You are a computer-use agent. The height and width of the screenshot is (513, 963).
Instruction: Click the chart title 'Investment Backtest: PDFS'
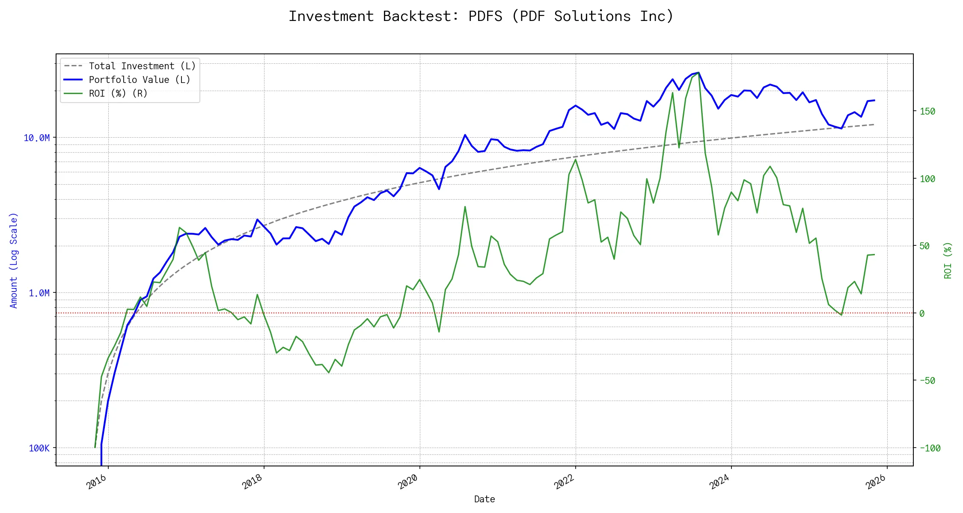[481, 16]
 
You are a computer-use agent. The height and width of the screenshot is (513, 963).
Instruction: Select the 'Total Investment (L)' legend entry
[142, 66]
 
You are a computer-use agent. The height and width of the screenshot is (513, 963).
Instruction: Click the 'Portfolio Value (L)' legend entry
[139, 80]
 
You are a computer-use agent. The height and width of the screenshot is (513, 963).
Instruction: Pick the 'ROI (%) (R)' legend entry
[118, 94]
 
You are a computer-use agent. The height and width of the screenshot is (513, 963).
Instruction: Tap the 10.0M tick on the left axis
[37, 138]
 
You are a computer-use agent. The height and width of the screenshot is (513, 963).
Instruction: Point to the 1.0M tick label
[39, 293]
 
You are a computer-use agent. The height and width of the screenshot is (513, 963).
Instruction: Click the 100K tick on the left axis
[39, 448]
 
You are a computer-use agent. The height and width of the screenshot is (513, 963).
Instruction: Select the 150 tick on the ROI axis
[927, 111]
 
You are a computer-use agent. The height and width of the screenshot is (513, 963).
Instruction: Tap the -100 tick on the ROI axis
[930, 448]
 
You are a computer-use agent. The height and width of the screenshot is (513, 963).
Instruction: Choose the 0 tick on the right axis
[922, 313]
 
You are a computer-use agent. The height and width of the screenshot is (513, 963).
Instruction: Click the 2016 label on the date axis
[96, 482]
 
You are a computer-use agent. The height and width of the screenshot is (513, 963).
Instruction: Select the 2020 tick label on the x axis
[408, 482]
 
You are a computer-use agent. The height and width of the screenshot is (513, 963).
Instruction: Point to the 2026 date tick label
[875, 482]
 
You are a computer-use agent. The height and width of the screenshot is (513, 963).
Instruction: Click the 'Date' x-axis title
[484, 499]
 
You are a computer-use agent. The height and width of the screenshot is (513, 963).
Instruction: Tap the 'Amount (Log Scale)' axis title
[14, 260]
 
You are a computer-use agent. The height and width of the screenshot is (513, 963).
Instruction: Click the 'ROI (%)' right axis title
[948, 260]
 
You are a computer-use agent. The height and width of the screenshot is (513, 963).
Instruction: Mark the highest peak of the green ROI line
[698, 73]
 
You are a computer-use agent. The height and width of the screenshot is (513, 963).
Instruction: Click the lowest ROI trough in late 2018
[329, 373]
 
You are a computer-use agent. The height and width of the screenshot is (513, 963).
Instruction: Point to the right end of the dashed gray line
[874, 124]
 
